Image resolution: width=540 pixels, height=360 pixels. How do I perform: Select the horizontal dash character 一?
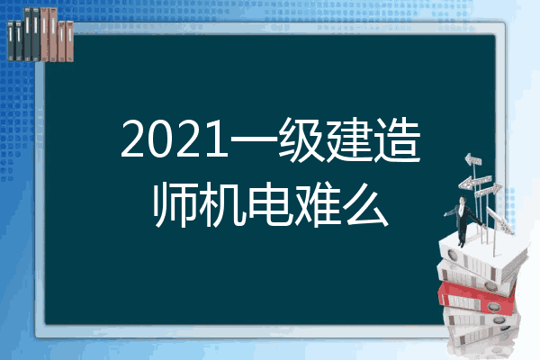point(254,139)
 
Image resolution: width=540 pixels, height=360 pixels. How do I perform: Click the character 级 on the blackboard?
point(301,139)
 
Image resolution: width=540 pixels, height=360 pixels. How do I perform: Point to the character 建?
point(349,139)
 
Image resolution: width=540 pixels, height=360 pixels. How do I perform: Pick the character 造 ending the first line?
point(397,139)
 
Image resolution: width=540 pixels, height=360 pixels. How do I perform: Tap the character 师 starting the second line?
point(175,205)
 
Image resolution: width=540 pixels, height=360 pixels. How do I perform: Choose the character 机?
point(222,205)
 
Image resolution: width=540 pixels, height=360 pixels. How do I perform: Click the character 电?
point(271,205)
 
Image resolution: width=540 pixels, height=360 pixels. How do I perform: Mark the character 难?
point(318,205)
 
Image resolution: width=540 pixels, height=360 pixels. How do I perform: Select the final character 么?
point(365,205)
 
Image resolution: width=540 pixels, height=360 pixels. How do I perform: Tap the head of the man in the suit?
point(463,200)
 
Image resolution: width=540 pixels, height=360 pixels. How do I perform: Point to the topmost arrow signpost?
point(473,159)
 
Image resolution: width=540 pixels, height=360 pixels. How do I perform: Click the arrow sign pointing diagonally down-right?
point(500,221)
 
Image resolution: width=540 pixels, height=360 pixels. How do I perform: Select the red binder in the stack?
point(476,299)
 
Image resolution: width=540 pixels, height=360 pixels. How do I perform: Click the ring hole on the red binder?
point(493,306)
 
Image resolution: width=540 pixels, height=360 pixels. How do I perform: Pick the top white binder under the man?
point(482,255)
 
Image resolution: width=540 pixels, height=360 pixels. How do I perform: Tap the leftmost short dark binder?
point(11,40)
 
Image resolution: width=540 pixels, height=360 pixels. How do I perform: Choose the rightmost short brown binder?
point(70,41)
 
